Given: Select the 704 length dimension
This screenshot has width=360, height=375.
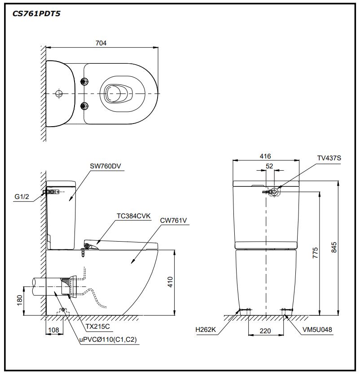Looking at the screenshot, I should tap(101, 43).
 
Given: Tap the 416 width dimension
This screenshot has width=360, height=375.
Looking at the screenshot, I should tap(265, 156).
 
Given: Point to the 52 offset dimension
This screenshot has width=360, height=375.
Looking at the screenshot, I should tap(269, 166).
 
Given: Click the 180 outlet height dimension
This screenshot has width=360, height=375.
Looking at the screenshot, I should tap(19, 300).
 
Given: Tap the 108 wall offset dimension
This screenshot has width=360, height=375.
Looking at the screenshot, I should tap(53, 331).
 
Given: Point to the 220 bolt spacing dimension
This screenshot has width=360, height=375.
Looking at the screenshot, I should tap(265, 331).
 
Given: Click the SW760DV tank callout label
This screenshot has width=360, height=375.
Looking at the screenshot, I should tap(105, 166).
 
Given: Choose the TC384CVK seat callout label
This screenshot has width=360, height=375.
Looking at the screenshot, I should tap(133, 216).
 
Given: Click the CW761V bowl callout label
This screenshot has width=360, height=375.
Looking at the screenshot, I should tap(173, 221).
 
